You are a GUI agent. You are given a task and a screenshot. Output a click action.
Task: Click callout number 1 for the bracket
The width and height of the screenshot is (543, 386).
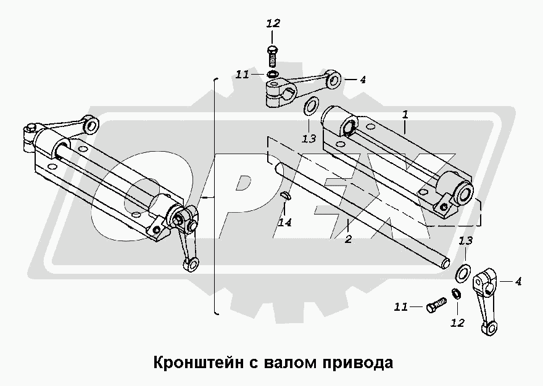405,115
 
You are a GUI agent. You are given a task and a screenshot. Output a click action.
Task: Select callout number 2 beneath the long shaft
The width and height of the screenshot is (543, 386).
348,239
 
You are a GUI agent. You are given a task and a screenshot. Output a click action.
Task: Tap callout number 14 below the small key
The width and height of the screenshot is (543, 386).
284,223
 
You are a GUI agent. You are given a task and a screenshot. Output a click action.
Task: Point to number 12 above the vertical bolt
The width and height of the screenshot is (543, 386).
273,24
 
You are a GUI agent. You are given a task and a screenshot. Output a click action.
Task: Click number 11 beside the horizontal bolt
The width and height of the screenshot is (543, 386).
402,306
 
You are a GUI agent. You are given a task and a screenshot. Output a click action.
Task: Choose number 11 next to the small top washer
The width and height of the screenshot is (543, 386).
242,75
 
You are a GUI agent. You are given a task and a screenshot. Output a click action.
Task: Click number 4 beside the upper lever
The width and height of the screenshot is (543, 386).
363,80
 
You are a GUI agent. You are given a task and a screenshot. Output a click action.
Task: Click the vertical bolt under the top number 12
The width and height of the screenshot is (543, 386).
273,57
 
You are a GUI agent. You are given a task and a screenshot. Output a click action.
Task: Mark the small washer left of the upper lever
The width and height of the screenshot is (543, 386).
272,76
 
